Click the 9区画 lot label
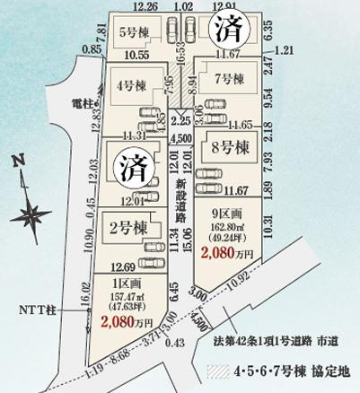[224, 214]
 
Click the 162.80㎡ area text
[225, 228]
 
